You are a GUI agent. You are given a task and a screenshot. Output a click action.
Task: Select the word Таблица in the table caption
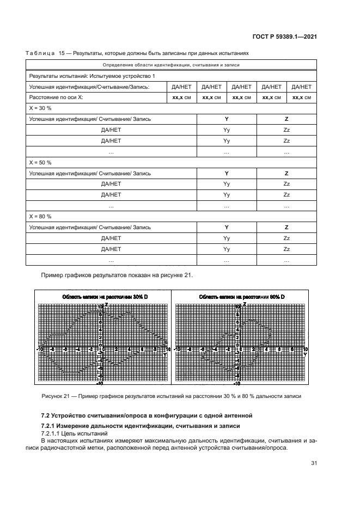pyautogui.click(x=40, y=54)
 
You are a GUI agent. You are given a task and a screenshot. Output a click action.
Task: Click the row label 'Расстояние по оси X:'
pyautogui.click(x=56, y=97)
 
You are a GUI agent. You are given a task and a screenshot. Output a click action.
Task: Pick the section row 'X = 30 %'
pyautogui.click(x=40, y=108)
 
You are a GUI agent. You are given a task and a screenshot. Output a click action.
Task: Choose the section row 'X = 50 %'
pyautogui.click(x=40, y=162)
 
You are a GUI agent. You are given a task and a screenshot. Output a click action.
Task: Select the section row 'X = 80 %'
pyautogui.click(x=40, y=216)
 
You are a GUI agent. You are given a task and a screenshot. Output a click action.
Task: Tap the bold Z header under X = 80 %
pyautogui.click(x=286, y=227)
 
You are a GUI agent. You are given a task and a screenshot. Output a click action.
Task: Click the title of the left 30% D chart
pyautogui.click(x=102, y=296)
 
